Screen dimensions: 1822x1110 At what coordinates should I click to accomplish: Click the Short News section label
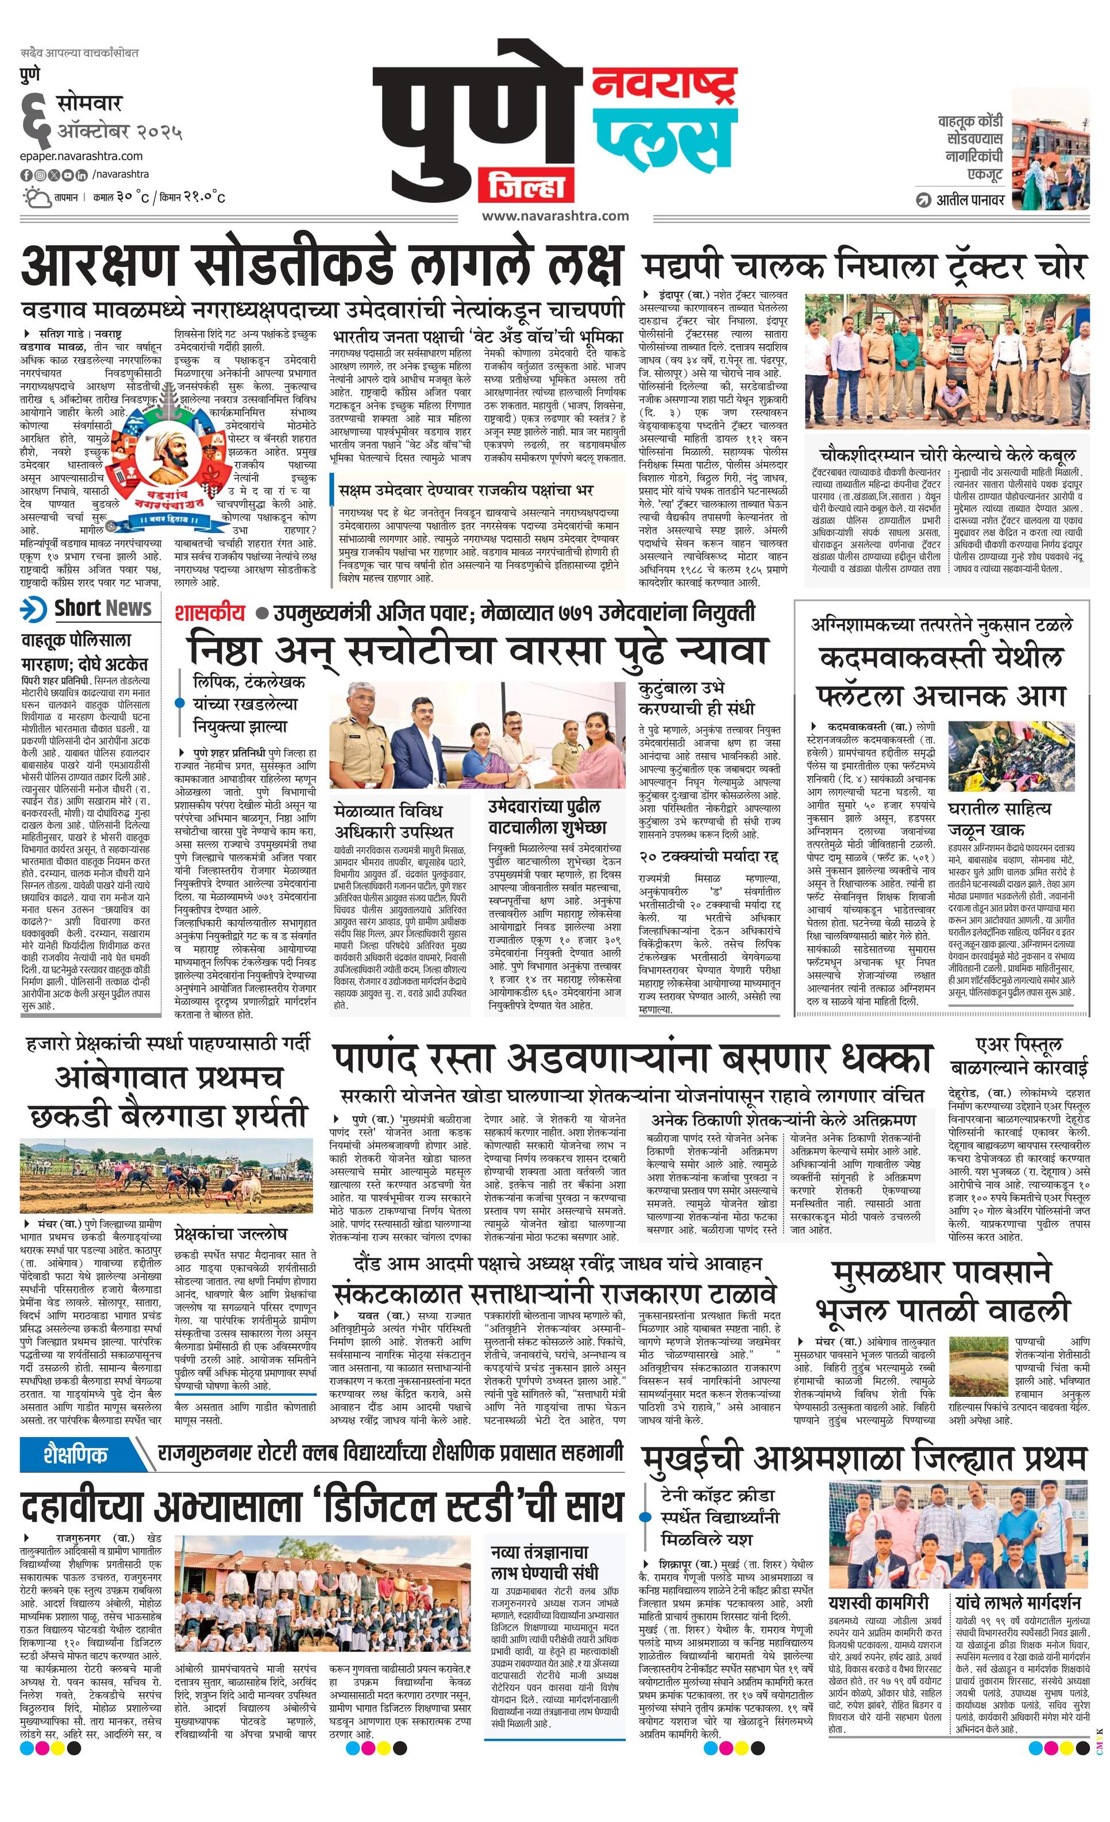pyautogui.click(x=88, y=608)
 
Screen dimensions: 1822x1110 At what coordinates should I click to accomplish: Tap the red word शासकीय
pyautogui.click(x=209, y=613)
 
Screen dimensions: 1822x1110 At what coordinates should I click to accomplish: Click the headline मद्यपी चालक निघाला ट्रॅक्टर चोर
pyautogui.click(x=864, y=265)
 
